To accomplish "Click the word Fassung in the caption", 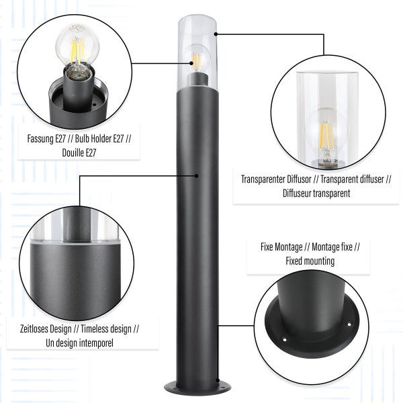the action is click(40, 139).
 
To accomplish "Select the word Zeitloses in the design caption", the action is click(34, 329).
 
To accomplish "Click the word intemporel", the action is click(96, 343).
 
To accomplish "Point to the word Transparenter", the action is click(263, 179).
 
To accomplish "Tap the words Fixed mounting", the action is click(310, 261).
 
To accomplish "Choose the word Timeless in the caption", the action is click(94, 329).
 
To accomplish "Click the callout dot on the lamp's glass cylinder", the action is click(216, 34).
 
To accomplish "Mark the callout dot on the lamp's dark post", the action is click(196, 176).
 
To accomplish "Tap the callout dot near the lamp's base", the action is click(218, 380).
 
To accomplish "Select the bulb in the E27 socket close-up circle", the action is click(77, 49).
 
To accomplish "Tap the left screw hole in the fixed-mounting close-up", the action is click(285, 340).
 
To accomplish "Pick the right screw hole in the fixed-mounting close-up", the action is click(349, 324).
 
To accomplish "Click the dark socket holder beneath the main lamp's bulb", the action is click(197, 80).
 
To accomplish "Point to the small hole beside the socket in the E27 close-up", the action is click(93, 105).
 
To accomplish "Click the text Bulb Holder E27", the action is click(99, 139).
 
